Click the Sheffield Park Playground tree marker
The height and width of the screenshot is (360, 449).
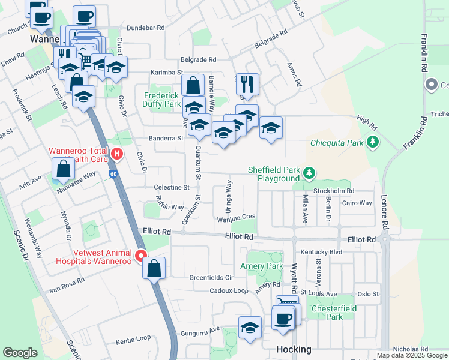tap(309, 173)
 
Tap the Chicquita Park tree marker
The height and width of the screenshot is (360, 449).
tap(373, 142)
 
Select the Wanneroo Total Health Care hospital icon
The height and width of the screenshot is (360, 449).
tap(117, 154)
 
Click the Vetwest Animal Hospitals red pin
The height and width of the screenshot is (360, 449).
tap(141, 256)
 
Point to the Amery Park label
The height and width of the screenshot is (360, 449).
tap(261, 266)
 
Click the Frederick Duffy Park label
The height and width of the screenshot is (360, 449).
tap(162, 100)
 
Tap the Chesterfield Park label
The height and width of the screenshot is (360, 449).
tap(327, 313)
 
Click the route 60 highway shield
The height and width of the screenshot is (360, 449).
tap(113, 175)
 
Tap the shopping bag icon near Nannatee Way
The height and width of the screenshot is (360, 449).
tap(64, 170)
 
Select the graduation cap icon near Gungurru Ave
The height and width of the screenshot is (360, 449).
tap(250, 328)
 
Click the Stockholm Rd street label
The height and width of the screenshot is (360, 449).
tap(334, 191)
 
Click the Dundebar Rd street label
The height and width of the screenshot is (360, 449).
tap(146, 28)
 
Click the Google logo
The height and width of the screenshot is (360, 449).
tap(20, 353)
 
